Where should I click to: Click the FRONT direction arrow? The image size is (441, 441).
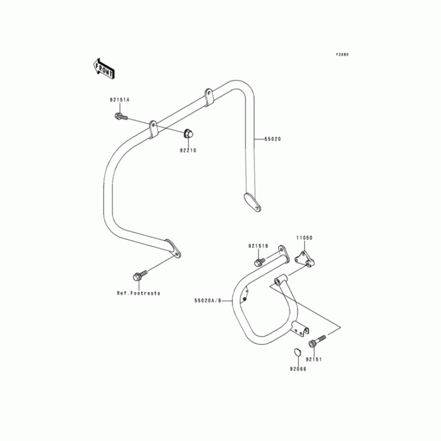pos(104,67)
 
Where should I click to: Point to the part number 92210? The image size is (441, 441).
pos(187,150)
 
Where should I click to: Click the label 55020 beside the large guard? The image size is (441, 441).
pos(272,139)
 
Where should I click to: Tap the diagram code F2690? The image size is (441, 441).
pos(343,55)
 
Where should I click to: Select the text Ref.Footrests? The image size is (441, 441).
pos(138,293)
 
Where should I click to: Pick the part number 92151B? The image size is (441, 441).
pos(258,246)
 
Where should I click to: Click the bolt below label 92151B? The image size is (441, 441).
pos(258,261)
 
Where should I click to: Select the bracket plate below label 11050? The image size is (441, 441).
pos(302,258)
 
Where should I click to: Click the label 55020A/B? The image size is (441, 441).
pos(207,301)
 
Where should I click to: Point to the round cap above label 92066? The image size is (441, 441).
pos(296,352)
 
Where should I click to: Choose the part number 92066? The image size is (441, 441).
pos(296,368)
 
